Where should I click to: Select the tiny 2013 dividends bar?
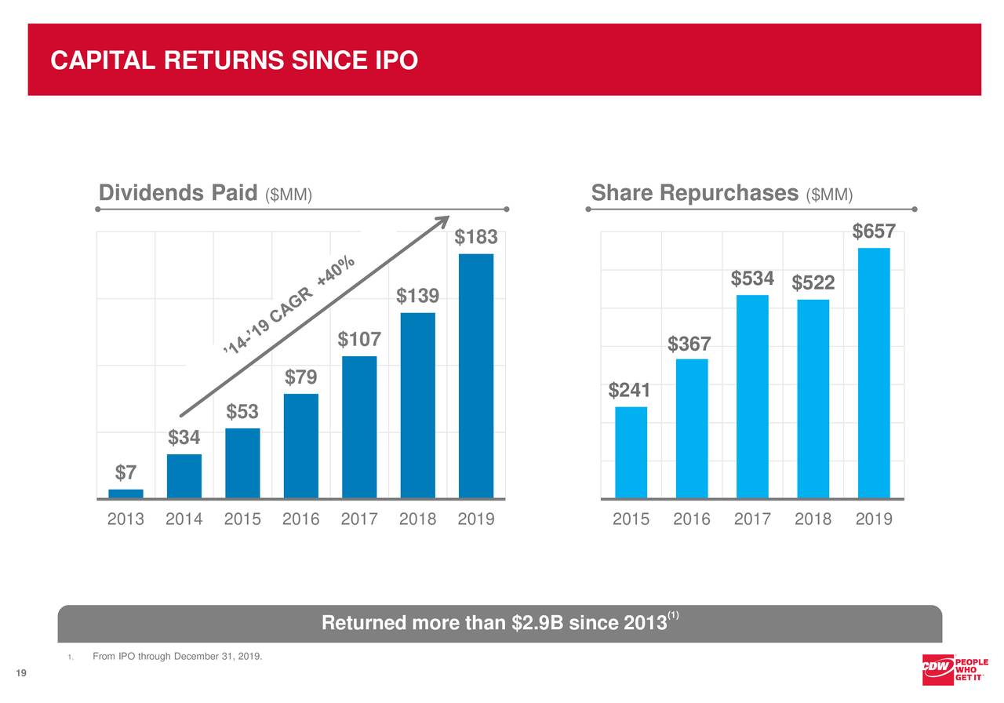125,494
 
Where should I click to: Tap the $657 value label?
874,231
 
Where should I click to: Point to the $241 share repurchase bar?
631,452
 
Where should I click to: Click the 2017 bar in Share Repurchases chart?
752,396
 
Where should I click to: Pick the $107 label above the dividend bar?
359,340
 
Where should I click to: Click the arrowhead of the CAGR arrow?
442,223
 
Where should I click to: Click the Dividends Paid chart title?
178,193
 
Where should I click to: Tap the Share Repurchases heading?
694,193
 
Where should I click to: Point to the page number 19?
21,672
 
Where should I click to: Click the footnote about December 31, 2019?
177,656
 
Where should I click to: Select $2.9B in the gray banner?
537,624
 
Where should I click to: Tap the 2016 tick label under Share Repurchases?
691,519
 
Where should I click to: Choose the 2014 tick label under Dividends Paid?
184,519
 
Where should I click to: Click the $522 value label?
813,282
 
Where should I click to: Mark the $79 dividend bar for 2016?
301,446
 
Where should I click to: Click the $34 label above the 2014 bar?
184,438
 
